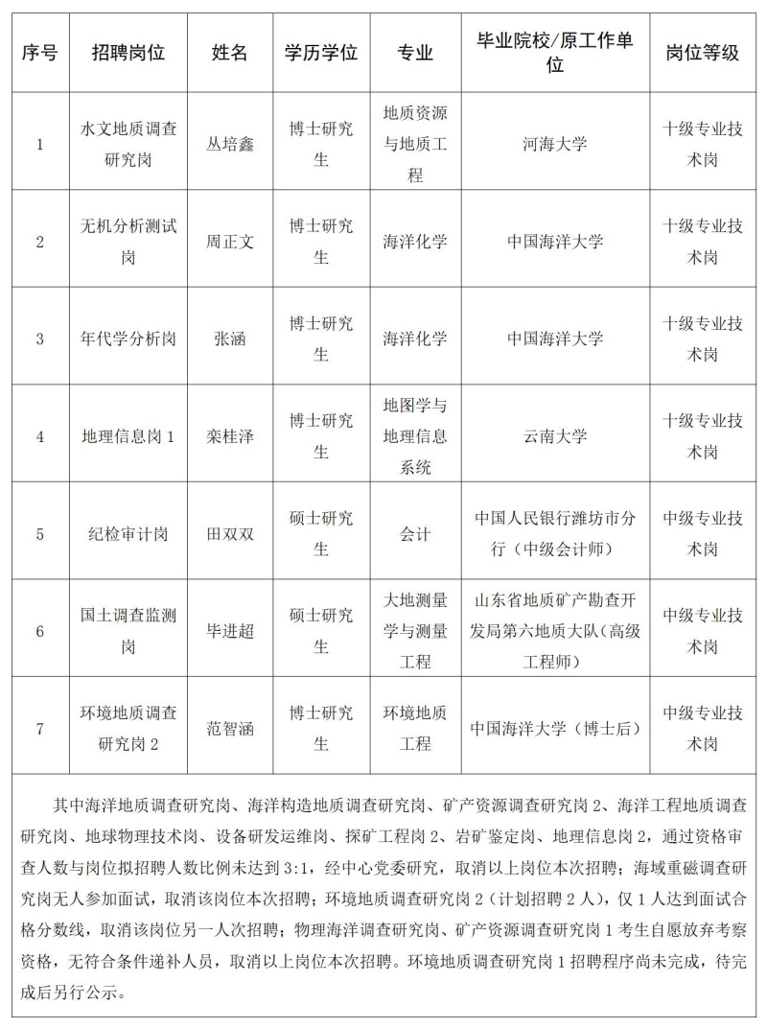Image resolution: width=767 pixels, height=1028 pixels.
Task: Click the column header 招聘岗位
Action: pyautogui.click(x=128, y=53)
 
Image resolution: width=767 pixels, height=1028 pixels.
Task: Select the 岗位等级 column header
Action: pyautogui.click(x=703, y=53)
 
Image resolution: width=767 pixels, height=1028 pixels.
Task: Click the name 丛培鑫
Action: pyautogui.click(x=231, y=144)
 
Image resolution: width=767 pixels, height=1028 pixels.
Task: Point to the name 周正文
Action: pyautogui.click(x=231, y=242)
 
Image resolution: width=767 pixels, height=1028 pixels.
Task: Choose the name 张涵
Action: pyautogui.click(x=231, y=339)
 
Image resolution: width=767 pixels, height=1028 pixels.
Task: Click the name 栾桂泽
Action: pyautogui.click(x=231, y=436)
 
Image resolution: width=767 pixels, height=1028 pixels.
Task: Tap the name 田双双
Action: pyautogui.click(x=231, y=534)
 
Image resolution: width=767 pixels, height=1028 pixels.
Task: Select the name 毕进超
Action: pyautogui.click(x=231, y=631)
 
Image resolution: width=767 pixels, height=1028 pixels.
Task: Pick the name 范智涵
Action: pyautogui.click(x=231, y=728)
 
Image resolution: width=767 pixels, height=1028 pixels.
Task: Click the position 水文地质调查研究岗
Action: pyautogui.click(x=128, y=144)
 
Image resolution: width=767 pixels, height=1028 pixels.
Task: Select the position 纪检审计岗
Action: pyautogui.click(x=128, y=534)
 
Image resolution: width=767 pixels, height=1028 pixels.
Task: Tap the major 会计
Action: pyautogui.click(x=415, y=534)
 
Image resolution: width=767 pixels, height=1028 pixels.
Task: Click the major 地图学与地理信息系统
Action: pyautogui.click(x=415, y=436)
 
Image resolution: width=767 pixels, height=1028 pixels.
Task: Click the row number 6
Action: pyautogui.click(x=40, y=631)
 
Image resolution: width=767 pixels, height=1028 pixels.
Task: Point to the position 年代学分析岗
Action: pyautogui.click(x=128, y=339)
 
